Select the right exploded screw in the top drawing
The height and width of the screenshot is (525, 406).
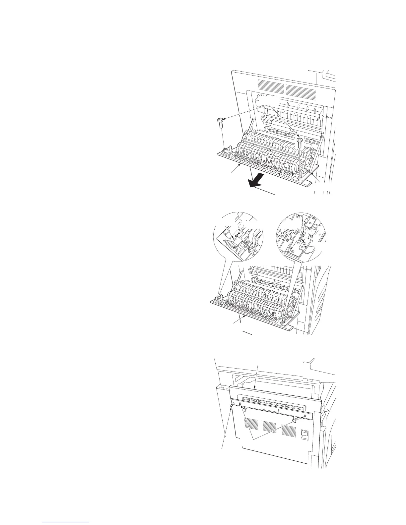click(300, 143)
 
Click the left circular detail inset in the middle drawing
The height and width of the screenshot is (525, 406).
click(237, 237)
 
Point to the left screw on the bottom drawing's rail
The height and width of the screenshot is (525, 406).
click(239, 404)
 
